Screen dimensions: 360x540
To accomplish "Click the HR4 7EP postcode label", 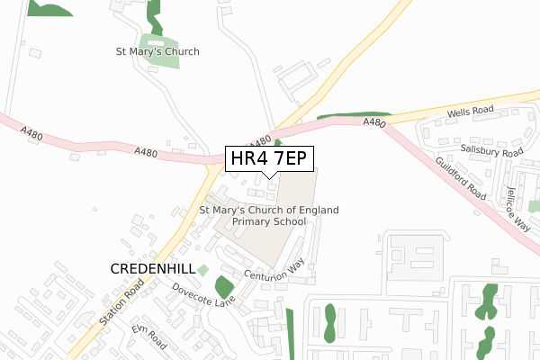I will coord(269,158).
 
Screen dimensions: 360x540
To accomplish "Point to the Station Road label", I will coord(122,302).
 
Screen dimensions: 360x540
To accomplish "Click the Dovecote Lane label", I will coord(203,296).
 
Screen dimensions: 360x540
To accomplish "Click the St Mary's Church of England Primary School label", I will coord(269,215).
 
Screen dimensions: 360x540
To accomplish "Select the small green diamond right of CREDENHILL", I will coord(202,270).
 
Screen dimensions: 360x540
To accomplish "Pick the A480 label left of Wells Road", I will coord(374,122).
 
